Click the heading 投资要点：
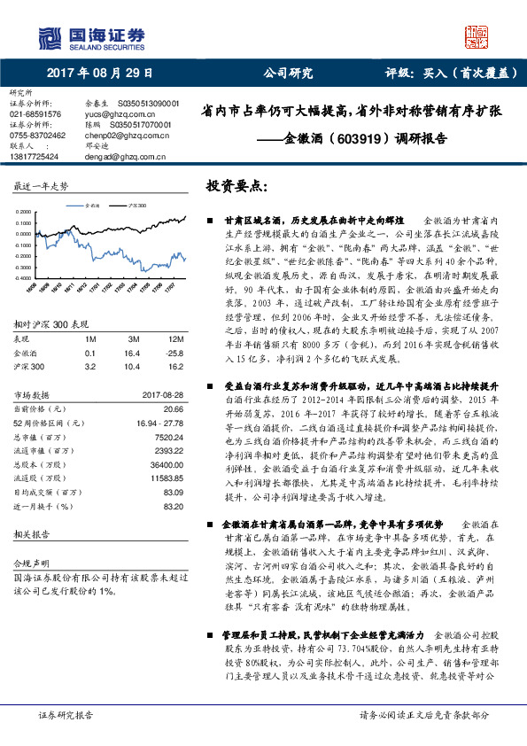236,187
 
